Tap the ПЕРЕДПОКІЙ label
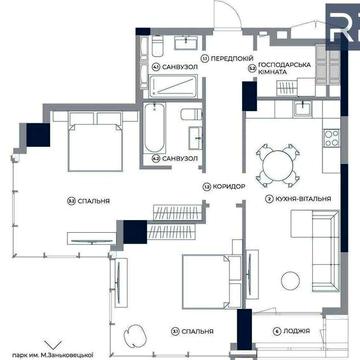[x=219, y=61]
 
